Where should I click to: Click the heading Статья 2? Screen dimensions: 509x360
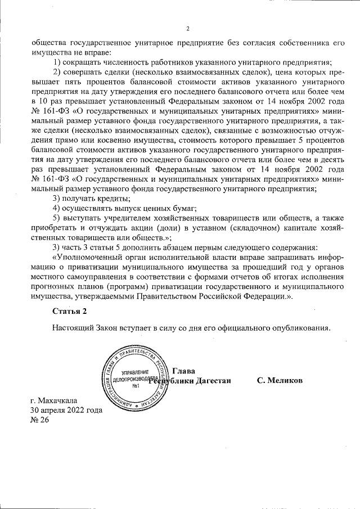coord(69,311)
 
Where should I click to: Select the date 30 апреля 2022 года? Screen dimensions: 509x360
coord(66,410)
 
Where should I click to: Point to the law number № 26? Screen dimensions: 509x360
coord(40,420)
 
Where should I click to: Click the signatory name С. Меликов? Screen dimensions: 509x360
coord(280,381)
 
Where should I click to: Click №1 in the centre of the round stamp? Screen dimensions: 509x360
coord(136,386)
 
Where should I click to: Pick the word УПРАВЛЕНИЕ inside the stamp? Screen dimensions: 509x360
coord(135,373)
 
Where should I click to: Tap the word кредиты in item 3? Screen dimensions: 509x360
coord(115,199)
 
